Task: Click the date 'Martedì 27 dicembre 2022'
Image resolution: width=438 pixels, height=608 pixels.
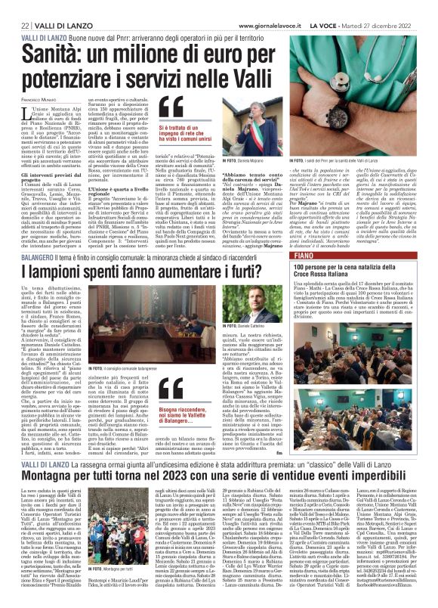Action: point(385,24)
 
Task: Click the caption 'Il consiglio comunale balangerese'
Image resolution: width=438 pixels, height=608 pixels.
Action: point(129,389)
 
